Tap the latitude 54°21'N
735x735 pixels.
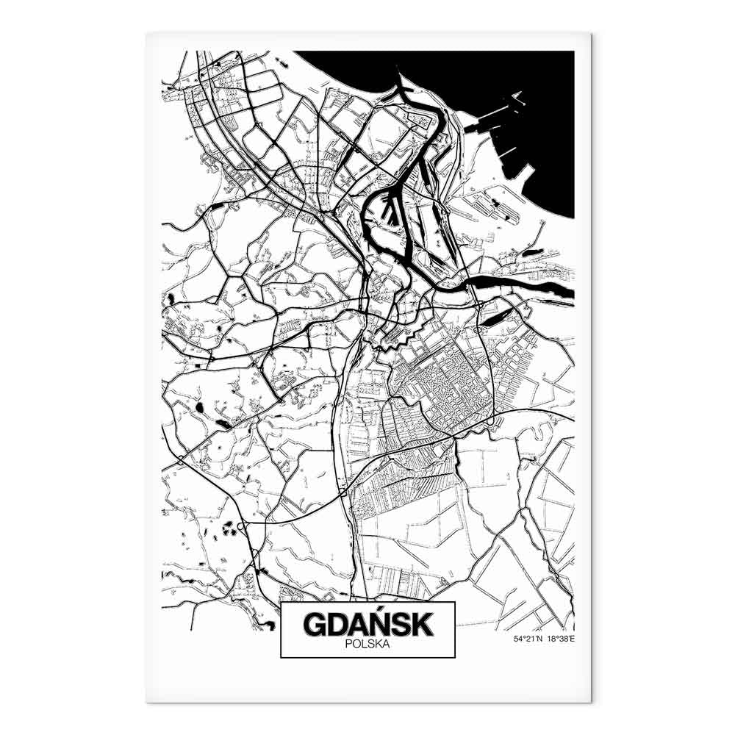click(528, 639)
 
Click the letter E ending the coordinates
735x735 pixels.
click(572, 639)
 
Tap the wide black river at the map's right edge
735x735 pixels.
click(544, 287)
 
